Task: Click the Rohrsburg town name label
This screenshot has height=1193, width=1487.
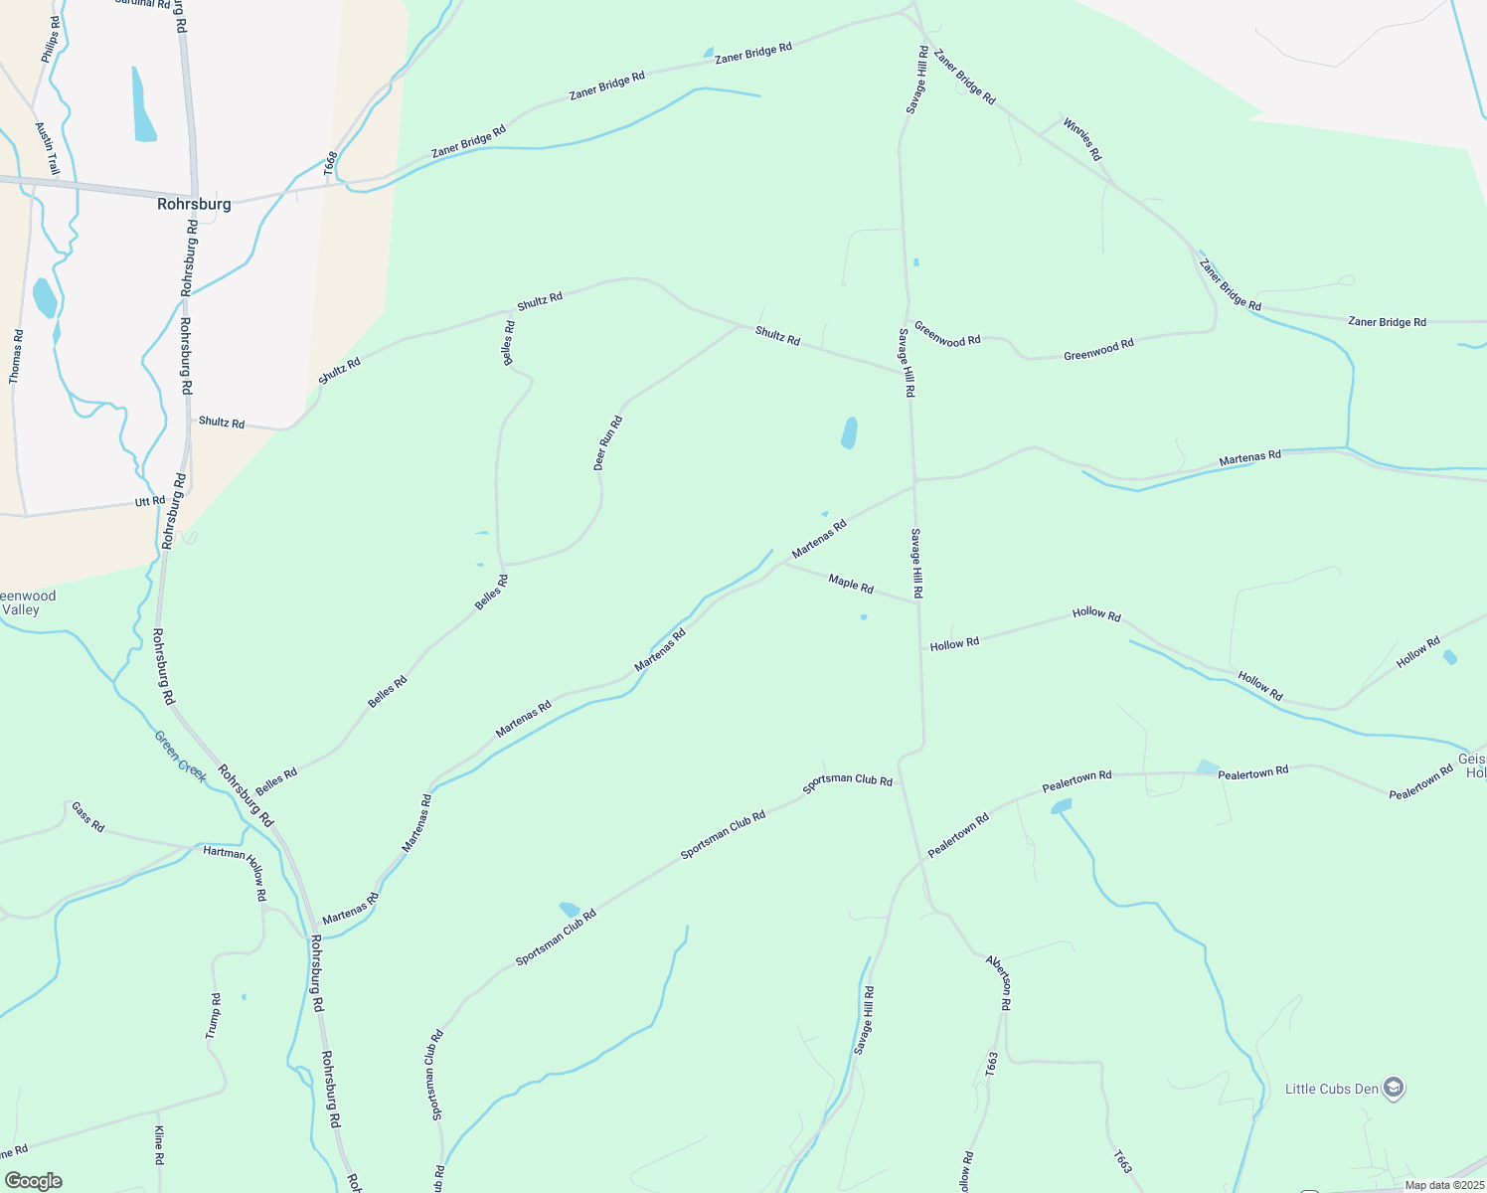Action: coord(194,204)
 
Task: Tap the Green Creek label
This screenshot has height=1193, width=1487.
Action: coord(181,756)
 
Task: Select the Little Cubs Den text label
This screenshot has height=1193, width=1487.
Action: coord(1331,1089)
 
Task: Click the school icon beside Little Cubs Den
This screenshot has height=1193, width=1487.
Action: coord(1394,1088)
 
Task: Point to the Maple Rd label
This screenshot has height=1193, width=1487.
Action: coord(851,584)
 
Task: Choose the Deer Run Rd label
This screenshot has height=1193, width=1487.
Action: coord(607,442)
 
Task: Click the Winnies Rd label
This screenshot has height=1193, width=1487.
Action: coord(1082,139)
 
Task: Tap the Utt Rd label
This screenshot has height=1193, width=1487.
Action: coord(150,501)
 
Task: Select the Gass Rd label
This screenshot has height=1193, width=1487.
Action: coord(87,816)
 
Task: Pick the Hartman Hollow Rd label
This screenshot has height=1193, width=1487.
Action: coord(236,865)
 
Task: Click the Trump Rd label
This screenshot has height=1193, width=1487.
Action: coord(213,1016)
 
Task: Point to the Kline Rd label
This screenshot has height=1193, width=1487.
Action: coord(158,1145)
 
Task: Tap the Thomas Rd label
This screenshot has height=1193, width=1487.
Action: coord(16,356)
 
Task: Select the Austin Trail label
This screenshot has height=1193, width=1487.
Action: coord(47,149)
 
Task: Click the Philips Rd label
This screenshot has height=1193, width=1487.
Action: coord(50,40)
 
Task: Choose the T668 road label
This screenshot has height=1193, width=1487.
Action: coord(331,164)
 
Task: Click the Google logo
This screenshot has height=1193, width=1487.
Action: coord(33,1181)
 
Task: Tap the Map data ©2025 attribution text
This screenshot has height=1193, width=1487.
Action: coord(1443,1185)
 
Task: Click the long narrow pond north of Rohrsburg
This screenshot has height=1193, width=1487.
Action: coord(143,104)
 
